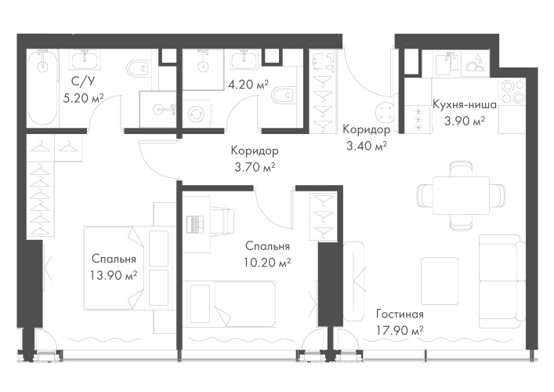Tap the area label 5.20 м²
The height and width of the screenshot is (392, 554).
coord(86,98)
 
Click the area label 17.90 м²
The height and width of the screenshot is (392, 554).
coord(399,329)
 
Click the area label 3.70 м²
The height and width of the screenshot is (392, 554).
coord(255,166)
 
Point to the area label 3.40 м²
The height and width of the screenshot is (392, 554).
coord(367,144)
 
